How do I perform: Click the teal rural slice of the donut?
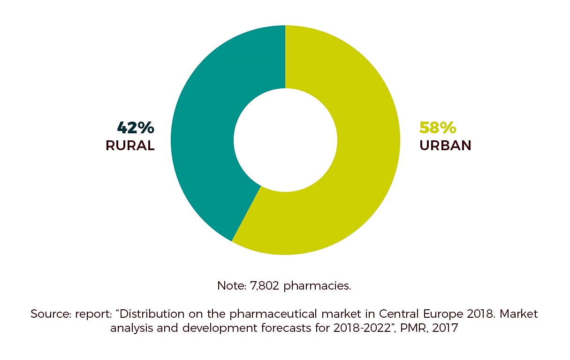202,141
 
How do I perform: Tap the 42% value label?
135,128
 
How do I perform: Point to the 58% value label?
438,128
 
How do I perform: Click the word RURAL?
130,146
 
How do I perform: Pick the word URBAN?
445,146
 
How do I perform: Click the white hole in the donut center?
285,140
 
